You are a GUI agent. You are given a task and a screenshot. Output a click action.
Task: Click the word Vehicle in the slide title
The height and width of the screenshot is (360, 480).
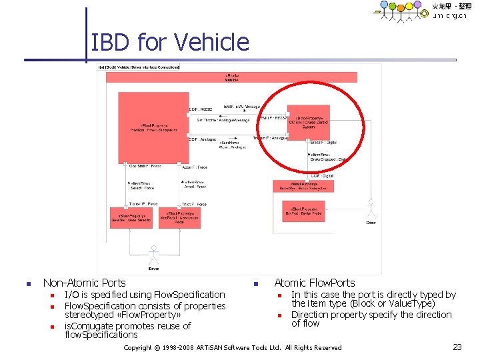pos(211,43)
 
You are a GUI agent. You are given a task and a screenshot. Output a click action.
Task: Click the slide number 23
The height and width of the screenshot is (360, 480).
pos(457,347)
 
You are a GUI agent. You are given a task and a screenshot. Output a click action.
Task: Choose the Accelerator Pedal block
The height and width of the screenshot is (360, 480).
pos(179,218)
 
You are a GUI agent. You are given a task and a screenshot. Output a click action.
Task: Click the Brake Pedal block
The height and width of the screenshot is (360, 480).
pos(303,212)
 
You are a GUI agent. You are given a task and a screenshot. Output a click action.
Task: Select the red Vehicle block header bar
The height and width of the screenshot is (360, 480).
pos(231,77)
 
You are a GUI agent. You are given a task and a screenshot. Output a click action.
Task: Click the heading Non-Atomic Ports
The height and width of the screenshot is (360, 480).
pos(84,283)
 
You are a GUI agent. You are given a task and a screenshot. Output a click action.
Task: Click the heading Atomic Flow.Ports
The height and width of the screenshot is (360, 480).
pos(315,283)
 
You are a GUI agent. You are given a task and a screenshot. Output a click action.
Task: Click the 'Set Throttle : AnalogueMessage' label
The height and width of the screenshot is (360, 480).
pos(223,120)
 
